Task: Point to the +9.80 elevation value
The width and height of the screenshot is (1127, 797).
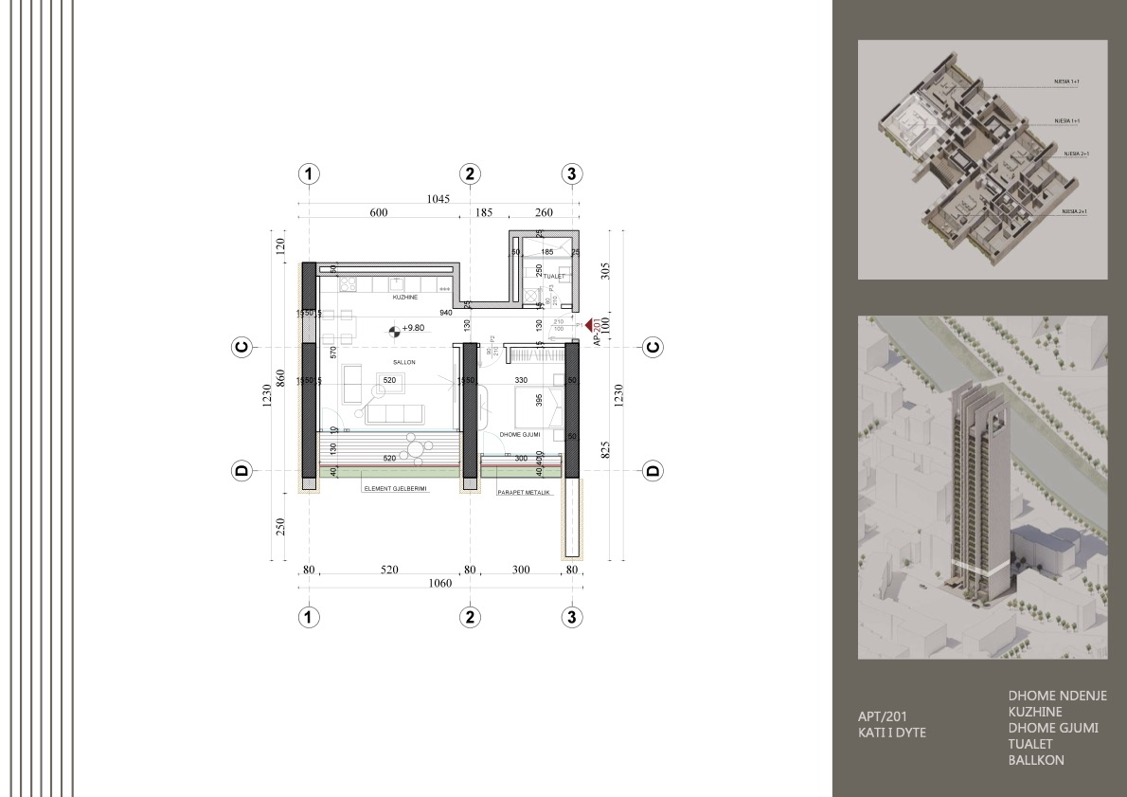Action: [x=413, y=329]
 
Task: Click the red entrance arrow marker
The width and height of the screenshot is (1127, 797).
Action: [x=588, y=324]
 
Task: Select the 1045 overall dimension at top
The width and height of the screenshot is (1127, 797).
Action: [x=437, y=199]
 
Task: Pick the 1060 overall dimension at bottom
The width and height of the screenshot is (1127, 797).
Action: [x=439, y=584]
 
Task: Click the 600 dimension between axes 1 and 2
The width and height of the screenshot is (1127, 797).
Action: [x=379, y=213]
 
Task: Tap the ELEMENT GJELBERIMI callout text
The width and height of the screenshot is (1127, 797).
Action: [x=395, y=490]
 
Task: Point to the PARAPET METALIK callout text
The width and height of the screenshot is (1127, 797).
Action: [x=524, y=493]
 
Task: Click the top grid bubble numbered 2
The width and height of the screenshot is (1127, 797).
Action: [x=470, y=173]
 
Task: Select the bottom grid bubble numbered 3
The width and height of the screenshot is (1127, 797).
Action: [x=571, y=617]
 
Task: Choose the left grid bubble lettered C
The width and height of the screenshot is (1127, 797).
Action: [x=241, y=348]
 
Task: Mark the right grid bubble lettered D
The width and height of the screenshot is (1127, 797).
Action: [x=653, y=470]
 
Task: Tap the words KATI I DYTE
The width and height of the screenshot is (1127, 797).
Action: [x=891, y=733]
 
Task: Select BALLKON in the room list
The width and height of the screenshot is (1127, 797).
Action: [x=1036, y=760]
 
